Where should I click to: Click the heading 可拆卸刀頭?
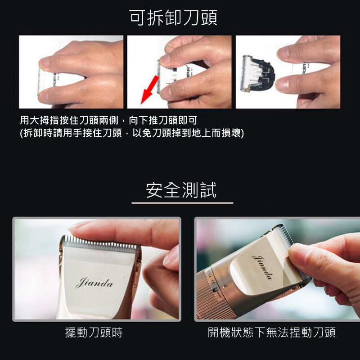click(x=173, y=18)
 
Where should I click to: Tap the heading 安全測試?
click(x=181, y=190)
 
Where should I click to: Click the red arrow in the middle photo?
click(x=149, y=90)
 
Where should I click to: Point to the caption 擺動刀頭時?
click(x=94, y=332)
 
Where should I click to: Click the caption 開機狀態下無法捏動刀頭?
click(x=272, y=332)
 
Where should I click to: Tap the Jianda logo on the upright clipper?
click(x=94, y=283)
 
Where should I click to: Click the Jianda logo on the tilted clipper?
click(x=262, y=267)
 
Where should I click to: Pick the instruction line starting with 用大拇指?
click(x=108, y=120)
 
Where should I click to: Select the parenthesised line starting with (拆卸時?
click(x=132, y=133)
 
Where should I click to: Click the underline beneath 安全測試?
click(x=182, y=203)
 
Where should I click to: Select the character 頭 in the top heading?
click(x=209, y=18)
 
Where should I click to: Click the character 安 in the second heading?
click(x=154, y=190)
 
